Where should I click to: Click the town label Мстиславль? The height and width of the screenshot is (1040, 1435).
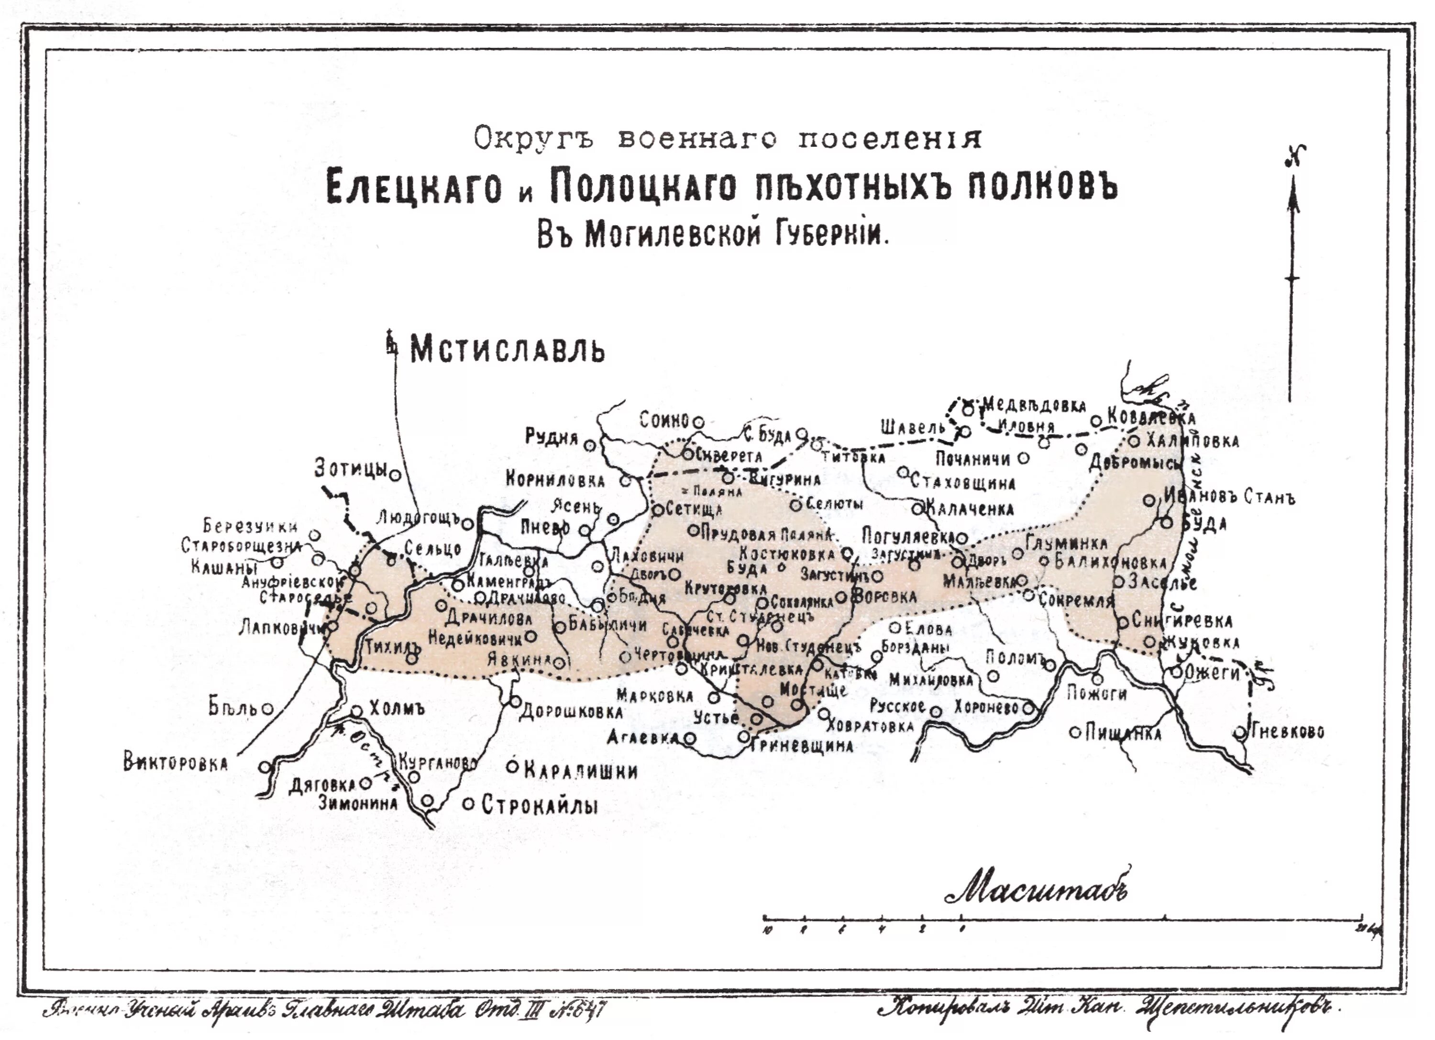(x=508, y=350)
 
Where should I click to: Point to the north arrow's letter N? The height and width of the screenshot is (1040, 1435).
(x=1294, y=155)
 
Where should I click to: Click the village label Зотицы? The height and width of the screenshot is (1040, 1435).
(x=350, y=469)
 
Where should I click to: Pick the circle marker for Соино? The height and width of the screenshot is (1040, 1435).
(x=698, y=422)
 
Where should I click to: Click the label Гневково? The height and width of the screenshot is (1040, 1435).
(x=1288, y=732)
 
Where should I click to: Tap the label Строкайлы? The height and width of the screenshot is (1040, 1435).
(x=539, y=805)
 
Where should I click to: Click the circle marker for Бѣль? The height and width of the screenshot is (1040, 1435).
(x=268, y=708)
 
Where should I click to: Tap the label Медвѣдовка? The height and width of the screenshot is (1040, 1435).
(x=1034, y=405)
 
